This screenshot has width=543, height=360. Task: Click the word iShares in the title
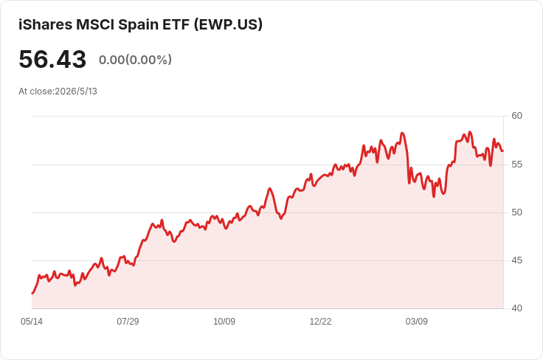click(x=45, y=24)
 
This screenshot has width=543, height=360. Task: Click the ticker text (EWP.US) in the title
click(x=228, y=24)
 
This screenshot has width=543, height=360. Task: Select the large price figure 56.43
click(x=52, y=59)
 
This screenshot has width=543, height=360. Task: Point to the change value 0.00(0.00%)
click(x=136, y=60)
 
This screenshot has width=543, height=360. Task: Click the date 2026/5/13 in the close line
click(x=76, y=91)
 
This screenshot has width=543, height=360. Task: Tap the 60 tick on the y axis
click(x=516, y=116)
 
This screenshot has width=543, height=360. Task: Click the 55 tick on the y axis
click(x=516, y=164)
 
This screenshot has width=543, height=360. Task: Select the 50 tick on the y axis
click(x=516, y=212)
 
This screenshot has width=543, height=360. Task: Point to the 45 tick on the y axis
click(x=516, y=260)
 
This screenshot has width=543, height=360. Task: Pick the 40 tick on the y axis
click(x=516, y=308)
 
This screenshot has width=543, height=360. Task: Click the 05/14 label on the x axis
click(x=32, y=322)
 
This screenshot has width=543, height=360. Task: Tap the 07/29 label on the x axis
click(x=128, y=322)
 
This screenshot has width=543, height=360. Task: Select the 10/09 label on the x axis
click(x=224, y=322)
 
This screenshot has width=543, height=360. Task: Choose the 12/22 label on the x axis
click(x=320, y=322)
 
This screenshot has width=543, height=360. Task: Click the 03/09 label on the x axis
click(x=417, y=322)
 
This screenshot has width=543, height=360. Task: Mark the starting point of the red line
click(x=32, y=294)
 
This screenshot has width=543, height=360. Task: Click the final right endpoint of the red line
click(x=503, y=151)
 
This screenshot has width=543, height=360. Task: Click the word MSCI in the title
click(x=95, y=24)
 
